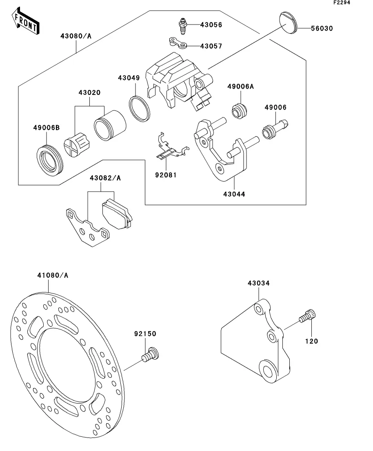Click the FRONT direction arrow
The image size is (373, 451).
pyautogui.click(x=25, y=21)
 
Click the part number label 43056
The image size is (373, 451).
pyautogui.click(x=211, y=25)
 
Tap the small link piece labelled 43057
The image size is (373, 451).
pyautogui.click(x=178, y=43)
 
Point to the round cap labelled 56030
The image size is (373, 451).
pyautogui.click(x=288, y=23)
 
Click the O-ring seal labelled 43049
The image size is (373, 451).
pyautogui.click(x=140, y=108)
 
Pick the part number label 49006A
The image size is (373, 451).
pyautogui.click(x=241, y=86)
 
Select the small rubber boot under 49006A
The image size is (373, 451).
pyautogui.click(x=239, y=110)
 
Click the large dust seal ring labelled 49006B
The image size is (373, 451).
pyautogui.click(x=50, y=161)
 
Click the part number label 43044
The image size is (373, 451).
pyautogui.click(x=234, y=194)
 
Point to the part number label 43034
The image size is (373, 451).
pyautogui.click(x=259, y=283)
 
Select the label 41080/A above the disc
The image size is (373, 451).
pyautogui.click(x=53, y=275)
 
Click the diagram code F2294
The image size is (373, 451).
pyautogui.click(x=342, y=2)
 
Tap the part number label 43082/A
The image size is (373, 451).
pyautogui.click(x=105, y=178)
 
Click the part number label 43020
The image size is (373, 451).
pyautogui.click(x=90, y=92)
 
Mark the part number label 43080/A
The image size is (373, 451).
pyautogui.click(x=76, y=36)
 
